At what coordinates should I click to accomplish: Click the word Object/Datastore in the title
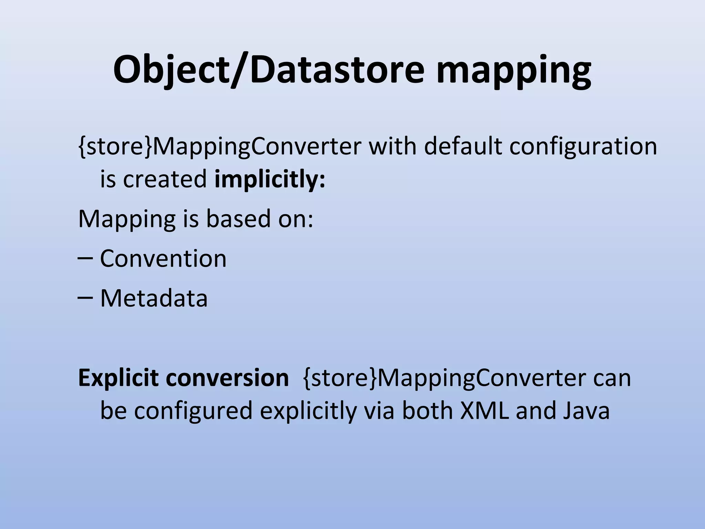click(x=269, y=71)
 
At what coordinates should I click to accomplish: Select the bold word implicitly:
click(x=270, y=179)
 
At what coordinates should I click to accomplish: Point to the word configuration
click(x=583, y=146)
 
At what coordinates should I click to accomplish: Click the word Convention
click(x=163, y=258)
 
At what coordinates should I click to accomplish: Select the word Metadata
click(x=154, y=298)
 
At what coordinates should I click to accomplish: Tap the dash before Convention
click(x=85, y=259)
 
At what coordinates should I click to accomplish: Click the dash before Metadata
click(x=85, y=299)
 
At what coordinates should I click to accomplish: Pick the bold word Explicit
click(x=118, y=378)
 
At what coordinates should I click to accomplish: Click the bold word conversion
click(x=227, y=378)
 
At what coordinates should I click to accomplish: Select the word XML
click(x=485, y=411)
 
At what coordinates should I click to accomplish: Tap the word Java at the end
click(x=587, y=411)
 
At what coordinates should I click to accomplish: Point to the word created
click(x=165, y=179)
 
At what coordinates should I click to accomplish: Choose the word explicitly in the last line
click(x=308, y=411)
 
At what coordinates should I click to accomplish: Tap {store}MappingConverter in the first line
click(x=220, y=146)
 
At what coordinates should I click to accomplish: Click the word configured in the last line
click(x=193, y=411)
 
